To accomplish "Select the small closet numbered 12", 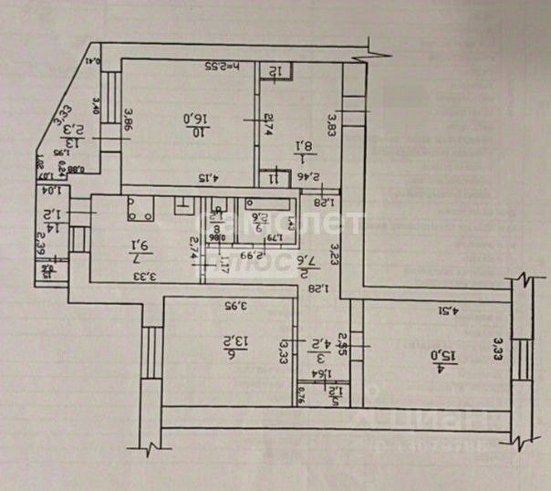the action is click(275, 70).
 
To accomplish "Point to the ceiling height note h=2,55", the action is click(220, 67).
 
